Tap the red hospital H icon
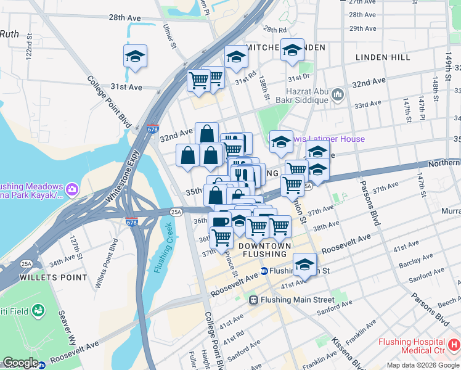click(454, 343)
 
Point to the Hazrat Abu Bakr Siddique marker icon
click(337, 94)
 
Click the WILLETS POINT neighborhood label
click(54, 277)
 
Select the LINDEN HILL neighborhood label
click(383, 57)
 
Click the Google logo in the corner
click(20, 363)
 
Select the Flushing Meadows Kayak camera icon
click(72, 187)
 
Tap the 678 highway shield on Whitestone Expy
click(152, 129)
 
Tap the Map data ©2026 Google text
click(422, 365)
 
